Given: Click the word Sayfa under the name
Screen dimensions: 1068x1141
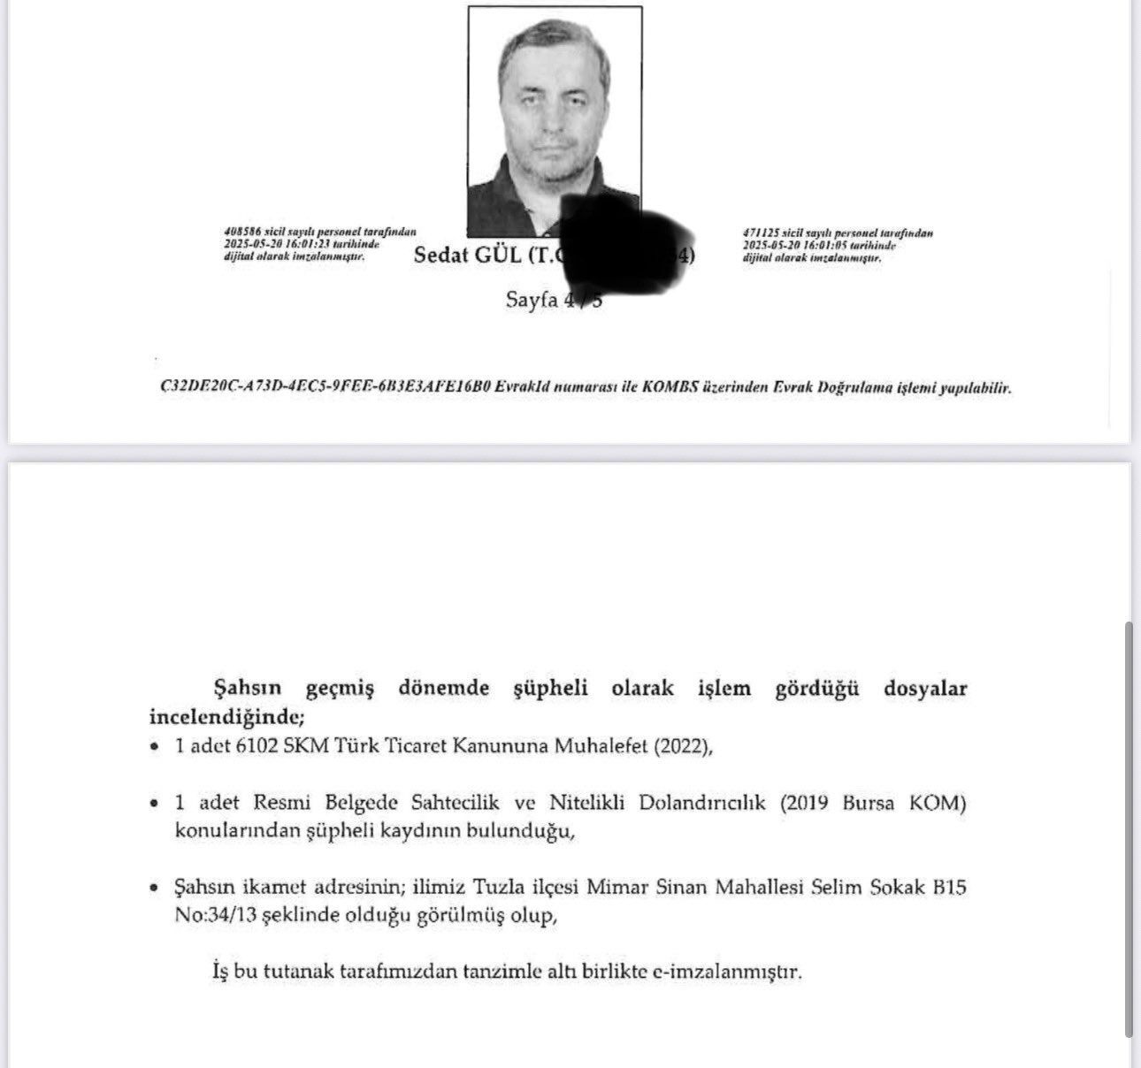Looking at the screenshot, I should click(x=532, y=300).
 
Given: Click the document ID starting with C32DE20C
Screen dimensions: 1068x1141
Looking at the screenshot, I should click(x=325, y=387).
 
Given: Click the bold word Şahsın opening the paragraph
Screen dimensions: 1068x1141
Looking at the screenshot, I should click(x=247, y=688).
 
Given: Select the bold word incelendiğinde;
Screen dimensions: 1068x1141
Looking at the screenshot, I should click(x=226, y=715).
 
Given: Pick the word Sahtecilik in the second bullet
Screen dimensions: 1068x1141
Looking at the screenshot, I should click(x=455, y=804).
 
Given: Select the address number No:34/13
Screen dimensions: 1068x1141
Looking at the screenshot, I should click(x=215, y=915).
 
